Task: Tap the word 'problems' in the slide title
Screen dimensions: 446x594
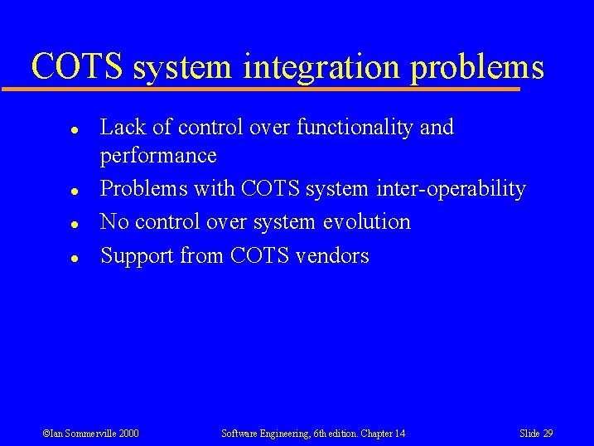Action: tap(476, 67)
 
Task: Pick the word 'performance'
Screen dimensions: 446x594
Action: tap(158, 156)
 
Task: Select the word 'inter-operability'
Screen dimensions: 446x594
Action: tap(451, 189)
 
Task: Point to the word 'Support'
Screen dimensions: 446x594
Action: tap(137, 256)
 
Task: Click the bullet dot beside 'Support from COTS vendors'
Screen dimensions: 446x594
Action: tap(74, 259)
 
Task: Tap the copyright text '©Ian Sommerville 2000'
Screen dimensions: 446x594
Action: tap(90, 433)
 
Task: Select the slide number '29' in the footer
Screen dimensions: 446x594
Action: tap(548, 433)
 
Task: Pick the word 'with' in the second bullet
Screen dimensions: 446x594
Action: tap(215, 189)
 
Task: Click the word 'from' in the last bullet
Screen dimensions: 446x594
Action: tap(202, 256)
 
